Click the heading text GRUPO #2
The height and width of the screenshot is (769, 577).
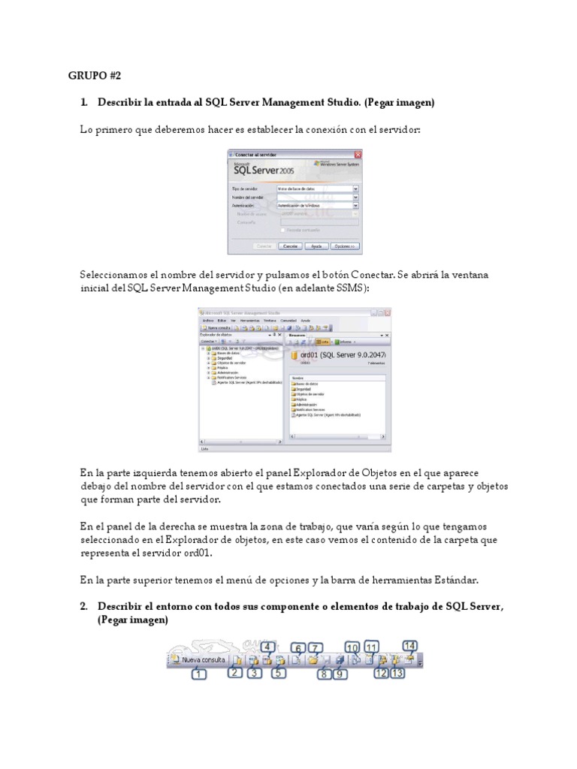[x=94, y=75]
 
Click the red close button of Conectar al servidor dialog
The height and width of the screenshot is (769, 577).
[x=358, y=155]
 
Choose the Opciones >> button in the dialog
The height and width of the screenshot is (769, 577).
[x=345, y=246]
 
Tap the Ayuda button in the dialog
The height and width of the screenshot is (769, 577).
[x=316, y=246]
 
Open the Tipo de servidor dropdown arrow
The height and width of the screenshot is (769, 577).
[x=355, y=188]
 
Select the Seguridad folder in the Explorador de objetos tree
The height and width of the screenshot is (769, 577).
[x=223, y=358]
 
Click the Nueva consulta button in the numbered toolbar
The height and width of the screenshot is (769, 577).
[x=198, y=660]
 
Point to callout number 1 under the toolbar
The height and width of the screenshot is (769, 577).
[x=198, y=675]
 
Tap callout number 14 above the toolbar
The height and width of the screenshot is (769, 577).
[x=409, y=645]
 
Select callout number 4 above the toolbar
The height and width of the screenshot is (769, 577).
[x=267, y=645]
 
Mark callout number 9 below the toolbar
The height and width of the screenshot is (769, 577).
[x=340, y=674]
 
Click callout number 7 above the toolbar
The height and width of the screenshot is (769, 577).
[x=315, y=647]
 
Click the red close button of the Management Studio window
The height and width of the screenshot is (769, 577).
[x=386, y=312]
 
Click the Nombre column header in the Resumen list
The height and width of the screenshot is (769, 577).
[x=298, y=378]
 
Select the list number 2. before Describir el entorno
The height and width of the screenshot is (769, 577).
[x=85, y=606]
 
